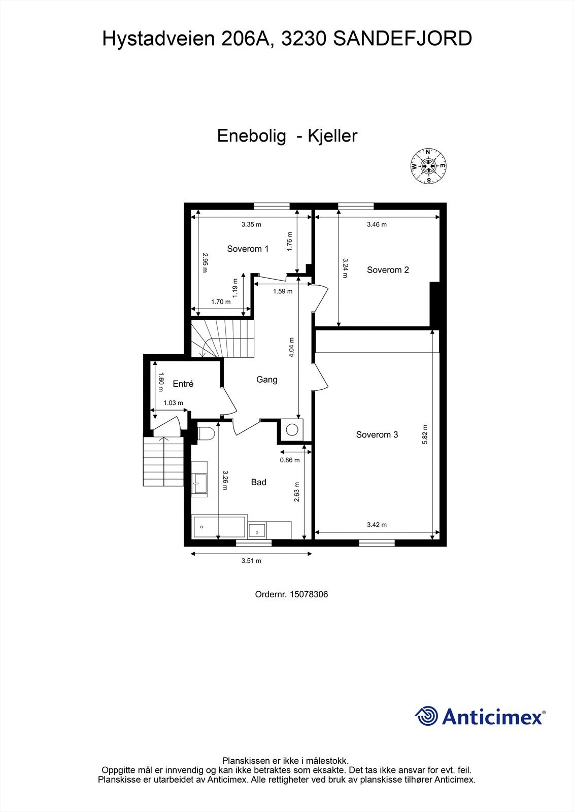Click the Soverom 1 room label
coord(248,249)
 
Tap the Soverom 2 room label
coord(388,270)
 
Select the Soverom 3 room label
coord(377,434)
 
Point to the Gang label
coord(266,379)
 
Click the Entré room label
coord(183,384)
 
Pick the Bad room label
coord(258,482)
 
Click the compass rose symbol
coord(428,166)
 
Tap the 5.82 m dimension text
coord(425,434)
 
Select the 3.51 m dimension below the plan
coord(251,561)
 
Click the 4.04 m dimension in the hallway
coord(291,348)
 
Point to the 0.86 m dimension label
coord(290,460)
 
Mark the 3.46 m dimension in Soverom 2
coord(377,224)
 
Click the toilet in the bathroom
coord(204,434)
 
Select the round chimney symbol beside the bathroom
coord(292,429)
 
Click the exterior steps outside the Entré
coord(162,462)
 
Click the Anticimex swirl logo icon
coord(426,716)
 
